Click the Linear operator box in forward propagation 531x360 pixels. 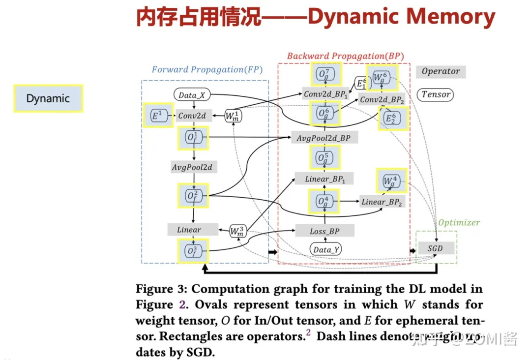(x=189, y=229)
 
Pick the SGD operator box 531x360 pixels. (x=435, y=248)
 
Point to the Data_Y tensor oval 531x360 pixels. (x=325, y=249)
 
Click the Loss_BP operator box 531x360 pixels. (x=324, y=231)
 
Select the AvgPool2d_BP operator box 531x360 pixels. (x=324, y=138)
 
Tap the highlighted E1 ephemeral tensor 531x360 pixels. (x=156, y=116)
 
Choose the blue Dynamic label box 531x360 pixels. (x=48, y=98)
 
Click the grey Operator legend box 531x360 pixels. (x=441, y=71)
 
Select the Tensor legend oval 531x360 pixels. (x=436, y=94)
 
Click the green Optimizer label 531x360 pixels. (x=459, y=222)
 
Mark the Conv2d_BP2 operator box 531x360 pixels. (x=382, y=99)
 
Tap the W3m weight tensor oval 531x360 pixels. (x=237, y=231)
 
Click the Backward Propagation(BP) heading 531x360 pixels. (x=345, y=56)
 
